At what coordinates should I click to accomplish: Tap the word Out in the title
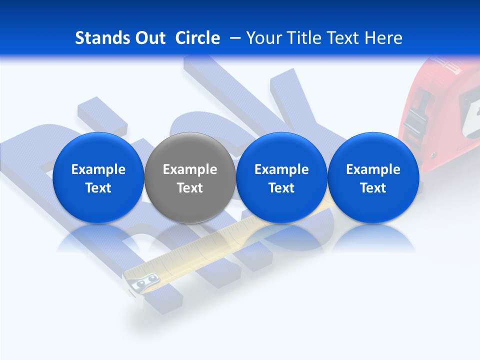coord(148,38)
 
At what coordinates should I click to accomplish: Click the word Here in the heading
coord(383,38)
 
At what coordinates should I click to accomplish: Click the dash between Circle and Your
coord(233,38)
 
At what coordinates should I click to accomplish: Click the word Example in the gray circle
coord(190,169)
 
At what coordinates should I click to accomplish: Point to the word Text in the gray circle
coord(190,188)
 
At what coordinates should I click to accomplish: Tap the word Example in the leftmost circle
coord(98,169)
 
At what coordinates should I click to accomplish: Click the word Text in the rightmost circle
coord(373,188)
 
